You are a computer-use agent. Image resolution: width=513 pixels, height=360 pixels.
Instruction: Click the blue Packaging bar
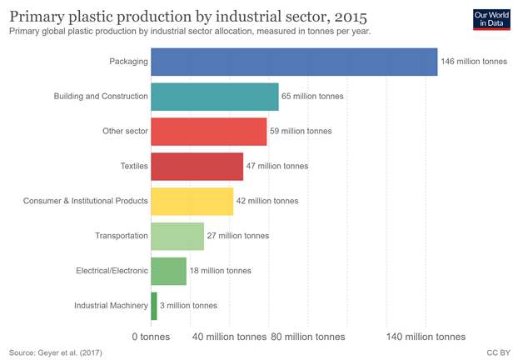[294, 62]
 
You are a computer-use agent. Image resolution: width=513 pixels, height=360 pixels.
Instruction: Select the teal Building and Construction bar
[215, 97]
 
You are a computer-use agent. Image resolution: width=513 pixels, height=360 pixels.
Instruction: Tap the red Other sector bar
[209, 131]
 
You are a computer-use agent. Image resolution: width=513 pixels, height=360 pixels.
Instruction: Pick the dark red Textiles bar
[197, 166]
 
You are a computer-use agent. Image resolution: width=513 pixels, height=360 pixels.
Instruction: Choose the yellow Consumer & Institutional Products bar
[192, 201]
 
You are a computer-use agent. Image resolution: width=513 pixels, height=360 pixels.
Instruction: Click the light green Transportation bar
[177, 236]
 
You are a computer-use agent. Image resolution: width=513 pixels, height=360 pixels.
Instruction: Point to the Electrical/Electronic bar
[169, 270]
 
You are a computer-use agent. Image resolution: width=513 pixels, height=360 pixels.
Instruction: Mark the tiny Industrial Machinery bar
[154, 305]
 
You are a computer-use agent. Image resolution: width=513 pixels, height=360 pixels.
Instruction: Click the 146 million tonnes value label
[474, 62]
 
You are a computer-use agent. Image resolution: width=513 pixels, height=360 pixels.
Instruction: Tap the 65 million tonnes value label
[312, 97]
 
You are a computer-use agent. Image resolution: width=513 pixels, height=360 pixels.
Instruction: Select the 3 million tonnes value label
[188, 305]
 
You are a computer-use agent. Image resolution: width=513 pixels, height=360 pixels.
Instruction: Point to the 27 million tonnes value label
[238, 236]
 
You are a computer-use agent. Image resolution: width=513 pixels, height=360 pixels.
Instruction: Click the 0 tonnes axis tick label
[152, 337]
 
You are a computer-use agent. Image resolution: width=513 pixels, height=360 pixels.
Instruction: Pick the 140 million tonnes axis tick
[426, 337]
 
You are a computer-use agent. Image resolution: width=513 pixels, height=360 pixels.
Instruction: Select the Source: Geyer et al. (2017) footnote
[56, 352]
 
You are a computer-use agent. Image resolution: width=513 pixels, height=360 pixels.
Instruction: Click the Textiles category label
[134, 166]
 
